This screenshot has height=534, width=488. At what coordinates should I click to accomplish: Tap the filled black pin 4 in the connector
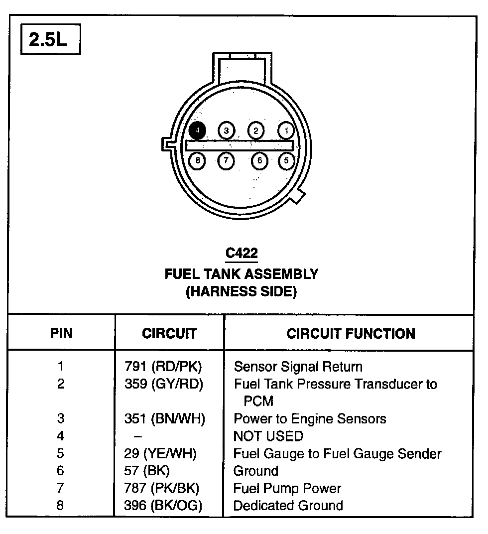point(198,131)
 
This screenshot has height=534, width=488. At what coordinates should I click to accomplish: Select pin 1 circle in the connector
point(286,131)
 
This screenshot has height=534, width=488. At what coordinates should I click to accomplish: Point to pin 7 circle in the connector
point(226,160)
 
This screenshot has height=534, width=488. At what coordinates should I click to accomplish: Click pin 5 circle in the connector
point(286,160)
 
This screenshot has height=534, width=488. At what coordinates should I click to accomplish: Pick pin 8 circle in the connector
point(198,160)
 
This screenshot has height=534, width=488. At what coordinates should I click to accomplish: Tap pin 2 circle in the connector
point(255,131)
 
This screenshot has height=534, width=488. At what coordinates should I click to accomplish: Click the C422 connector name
point(242,253)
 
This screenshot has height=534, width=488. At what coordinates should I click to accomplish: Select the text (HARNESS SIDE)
point(241,291)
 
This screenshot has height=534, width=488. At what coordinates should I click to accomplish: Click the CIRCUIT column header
point(169,333)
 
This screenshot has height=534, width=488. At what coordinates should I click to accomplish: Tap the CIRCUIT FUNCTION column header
point(351,333)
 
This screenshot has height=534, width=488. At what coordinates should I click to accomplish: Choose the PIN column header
point(61,333)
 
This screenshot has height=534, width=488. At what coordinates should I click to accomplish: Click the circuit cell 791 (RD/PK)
point(163,367)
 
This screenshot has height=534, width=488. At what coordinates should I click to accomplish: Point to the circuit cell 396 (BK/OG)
point(163,506)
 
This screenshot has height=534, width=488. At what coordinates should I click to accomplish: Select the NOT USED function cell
point(268,436)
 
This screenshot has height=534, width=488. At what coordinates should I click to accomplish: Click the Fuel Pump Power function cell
point(287,488)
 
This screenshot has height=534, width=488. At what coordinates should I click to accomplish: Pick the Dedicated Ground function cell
point(288,506)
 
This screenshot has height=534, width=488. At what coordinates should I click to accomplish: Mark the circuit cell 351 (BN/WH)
point(164,419)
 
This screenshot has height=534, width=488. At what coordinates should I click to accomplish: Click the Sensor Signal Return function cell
point(298,367)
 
